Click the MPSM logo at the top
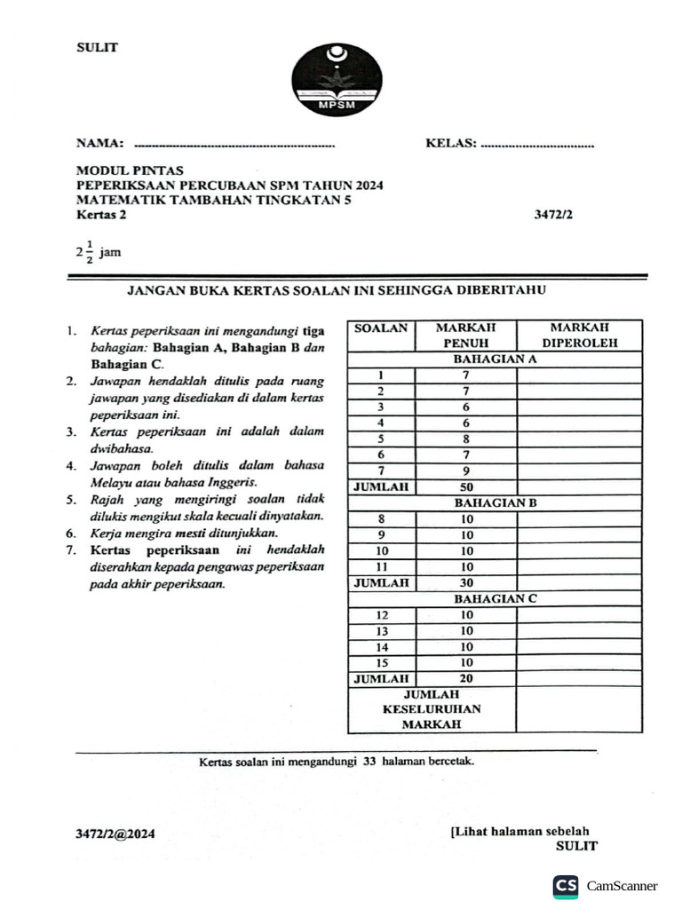(x=337, y=80)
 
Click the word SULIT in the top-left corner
(x=97, y=47)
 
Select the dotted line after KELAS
(x=536, y=144)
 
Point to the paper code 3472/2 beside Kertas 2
(x=554, y=214)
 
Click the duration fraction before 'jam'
(x=85, y=252)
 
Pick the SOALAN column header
(x=381, y=328)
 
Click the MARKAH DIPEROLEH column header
(x=580, y=335)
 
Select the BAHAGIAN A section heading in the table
(x=495, y=360)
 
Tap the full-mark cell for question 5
(x=466, y=439)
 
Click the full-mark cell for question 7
(x=466, y=470)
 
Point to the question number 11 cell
(x=381, y=566)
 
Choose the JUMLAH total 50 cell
(x=466, y=486)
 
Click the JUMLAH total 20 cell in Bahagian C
(x=466, y=678)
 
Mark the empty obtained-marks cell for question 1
(x=579, y=375)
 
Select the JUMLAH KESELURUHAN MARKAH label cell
(x=432, y=709)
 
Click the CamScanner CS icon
(x=566, y=886)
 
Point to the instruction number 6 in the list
(x=69, y=534)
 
